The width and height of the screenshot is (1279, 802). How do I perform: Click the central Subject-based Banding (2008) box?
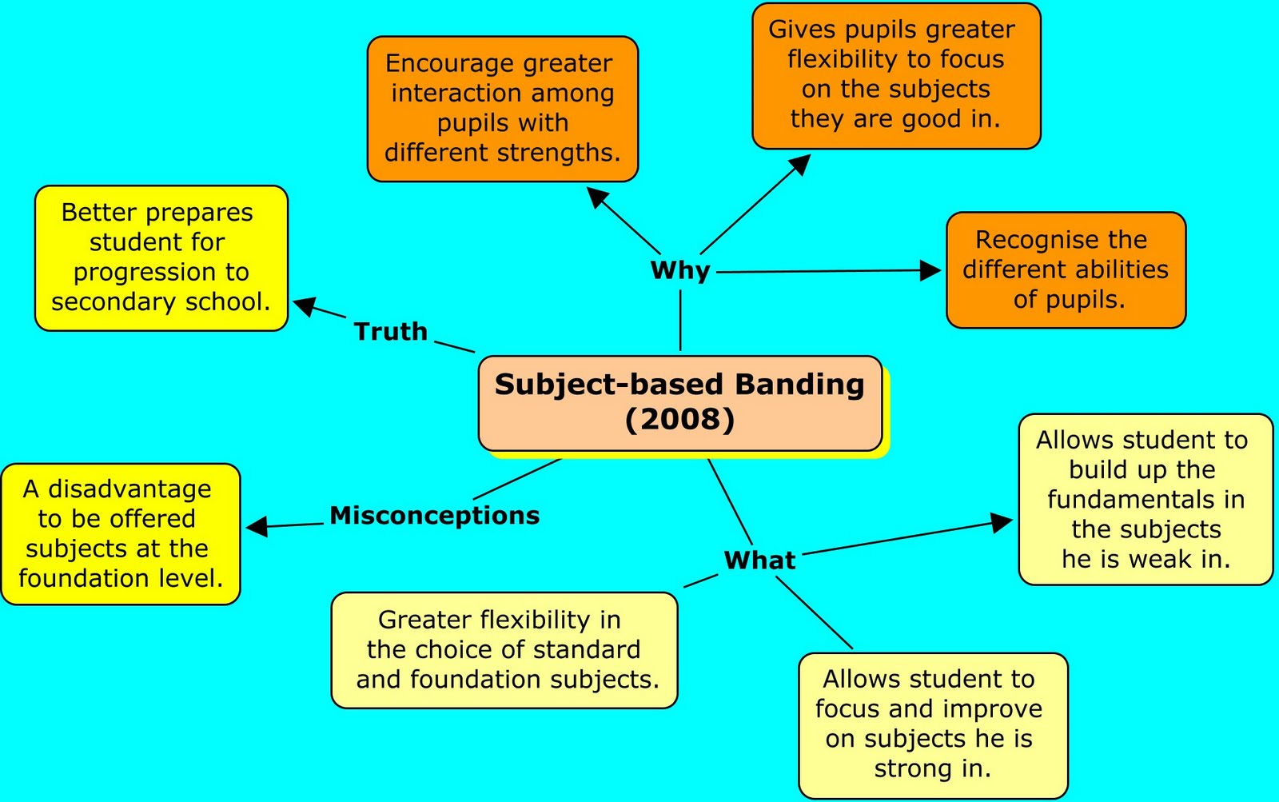point(680,403)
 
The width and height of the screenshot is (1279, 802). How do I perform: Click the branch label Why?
point(680,270)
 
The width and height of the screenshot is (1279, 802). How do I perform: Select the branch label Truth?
point(390,331)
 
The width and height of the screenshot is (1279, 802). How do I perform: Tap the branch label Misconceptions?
point(434,515)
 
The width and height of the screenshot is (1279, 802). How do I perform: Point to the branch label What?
point(759,560)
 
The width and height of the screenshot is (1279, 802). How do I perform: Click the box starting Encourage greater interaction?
point(502,108)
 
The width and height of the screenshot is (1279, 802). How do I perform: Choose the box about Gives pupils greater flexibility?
point(895,75)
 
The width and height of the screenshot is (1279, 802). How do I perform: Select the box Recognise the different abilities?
point(1066,269)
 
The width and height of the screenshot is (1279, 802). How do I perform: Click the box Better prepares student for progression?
point(161,257)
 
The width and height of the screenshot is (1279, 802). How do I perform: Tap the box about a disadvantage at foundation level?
point(120,533)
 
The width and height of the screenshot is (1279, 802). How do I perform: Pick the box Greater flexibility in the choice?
point(504,649)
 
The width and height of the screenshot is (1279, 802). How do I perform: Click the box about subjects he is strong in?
point(932,724)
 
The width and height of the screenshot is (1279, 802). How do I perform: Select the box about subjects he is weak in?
point(1145,499)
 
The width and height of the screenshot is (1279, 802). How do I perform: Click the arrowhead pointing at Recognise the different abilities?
point(930,270)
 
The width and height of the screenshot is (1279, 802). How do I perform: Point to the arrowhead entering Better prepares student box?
point(305,305)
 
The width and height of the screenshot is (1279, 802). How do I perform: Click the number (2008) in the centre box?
point(679,419)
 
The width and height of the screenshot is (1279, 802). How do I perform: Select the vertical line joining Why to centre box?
point(680,320)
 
